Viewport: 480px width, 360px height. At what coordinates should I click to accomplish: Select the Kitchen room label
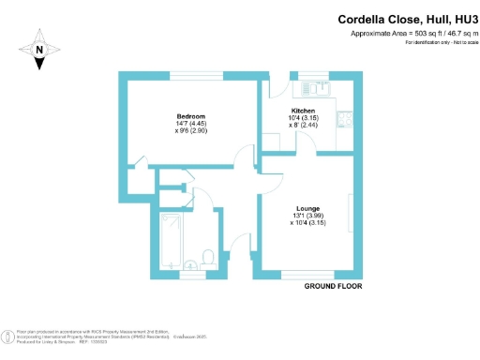(x=303, y=111)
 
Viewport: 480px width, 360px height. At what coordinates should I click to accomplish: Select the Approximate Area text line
(x=408, y=34)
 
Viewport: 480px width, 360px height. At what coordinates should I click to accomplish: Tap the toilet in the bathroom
(x=210, y=257)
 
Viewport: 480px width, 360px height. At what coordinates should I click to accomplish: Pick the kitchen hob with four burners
(x=348, y=119)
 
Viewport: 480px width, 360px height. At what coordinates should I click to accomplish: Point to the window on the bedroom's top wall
(x=196, y=75)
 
